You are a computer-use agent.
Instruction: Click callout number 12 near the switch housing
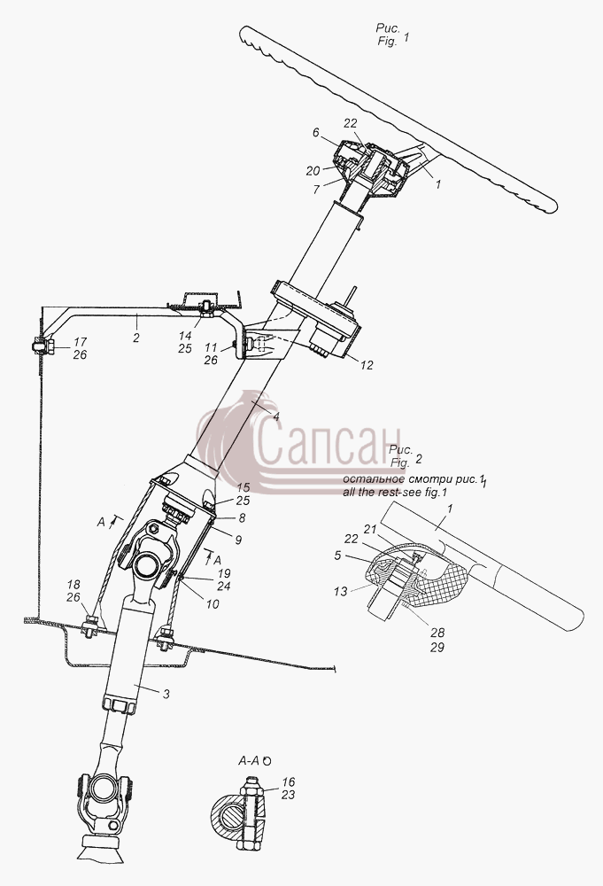367,366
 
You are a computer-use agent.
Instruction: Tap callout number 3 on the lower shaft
166,695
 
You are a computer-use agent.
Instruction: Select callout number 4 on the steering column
276,417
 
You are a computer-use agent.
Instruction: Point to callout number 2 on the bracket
135,338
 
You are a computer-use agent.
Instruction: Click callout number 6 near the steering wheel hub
315,133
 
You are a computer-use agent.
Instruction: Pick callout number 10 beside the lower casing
213,604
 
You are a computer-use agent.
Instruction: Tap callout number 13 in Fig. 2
340,592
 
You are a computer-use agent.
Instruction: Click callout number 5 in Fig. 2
337,556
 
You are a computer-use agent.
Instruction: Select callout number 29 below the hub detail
437,648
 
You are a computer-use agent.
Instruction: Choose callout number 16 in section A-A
289,782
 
